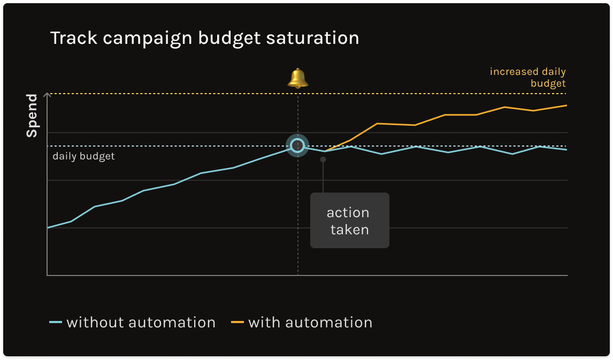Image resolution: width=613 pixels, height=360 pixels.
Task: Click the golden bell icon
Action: coord(298,78)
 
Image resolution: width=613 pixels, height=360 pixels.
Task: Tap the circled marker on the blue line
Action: coord(297,145)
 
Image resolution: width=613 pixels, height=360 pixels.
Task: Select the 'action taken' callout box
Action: coord(349,220)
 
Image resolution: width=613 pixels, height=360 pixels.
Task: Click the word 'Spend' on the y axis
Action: coord(32,116)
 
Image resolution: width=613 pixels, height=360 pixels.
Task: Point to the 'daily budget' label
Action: coord(83,157)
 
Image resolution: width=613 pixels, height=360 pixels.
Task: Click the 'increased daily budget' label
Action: coord(527,78)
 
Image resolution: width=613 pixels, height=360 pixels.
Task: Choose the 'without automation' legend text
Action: coord(141,323)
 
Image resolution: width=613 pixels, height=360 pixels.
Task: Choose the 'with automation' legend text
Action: coord(310,323)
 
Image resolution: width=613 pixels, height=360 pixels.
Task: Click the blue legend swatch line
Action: coord(56,323)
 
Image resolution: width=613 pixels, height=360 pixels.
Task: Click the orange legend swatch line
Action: coord(237,323)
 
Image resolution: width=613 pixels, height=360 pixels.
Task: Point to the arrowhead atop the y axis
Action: coord(48,95)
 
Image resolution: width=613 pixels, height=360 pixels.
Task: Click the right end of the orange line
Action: coord(566,105)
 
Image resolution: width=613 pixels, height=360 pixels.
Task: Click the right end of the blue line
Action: coord(566,150)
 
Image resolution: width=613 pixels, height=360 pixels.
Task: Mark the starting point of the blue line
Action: coord(48,228)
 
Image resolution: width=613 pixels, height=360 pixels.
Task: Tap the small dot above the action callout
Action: coord(323,159)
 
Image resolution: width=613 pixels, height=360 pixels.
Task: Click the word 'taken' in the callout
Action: coord(349,230)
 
